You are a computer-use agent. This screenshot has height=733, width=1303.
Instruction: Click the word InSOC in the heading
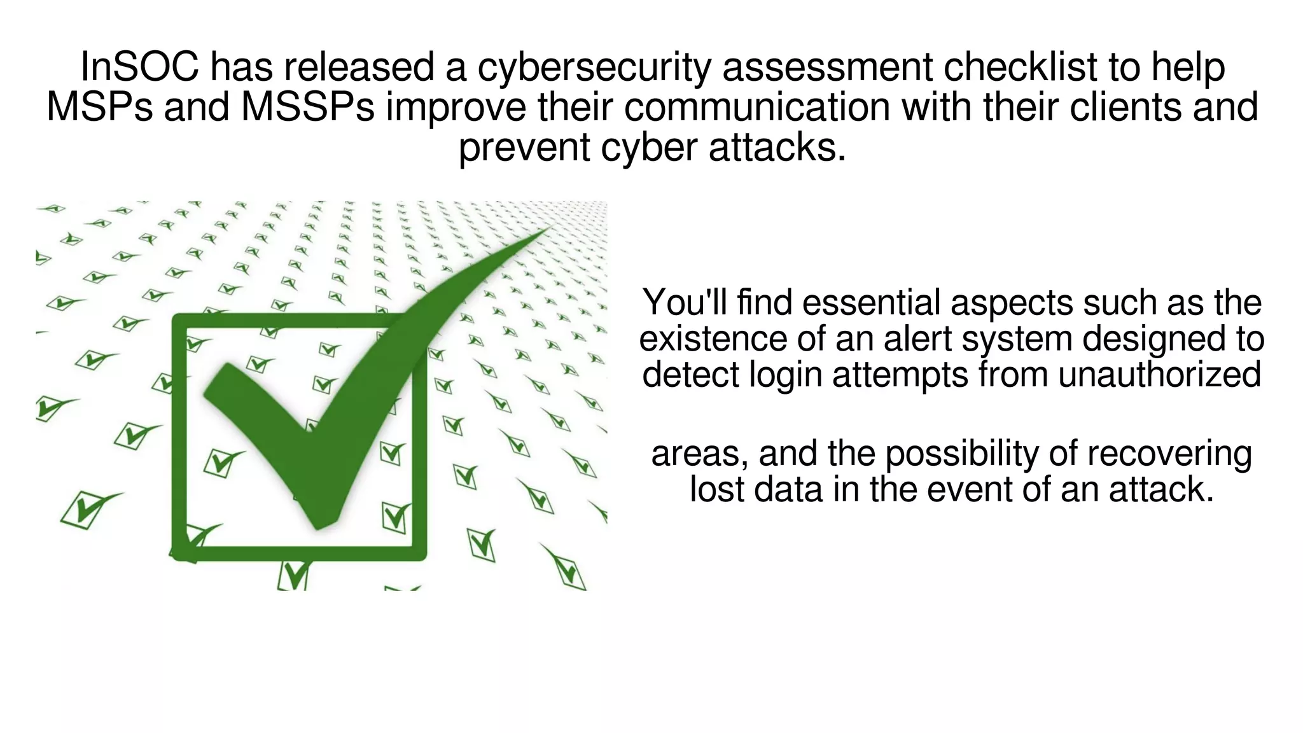(139, 67)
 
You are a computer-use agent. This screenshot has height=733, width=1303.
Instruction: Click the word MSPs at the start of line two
(99, 107)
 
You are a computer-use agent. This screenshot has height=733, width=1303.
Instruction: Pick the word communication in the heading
(756, 107)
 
